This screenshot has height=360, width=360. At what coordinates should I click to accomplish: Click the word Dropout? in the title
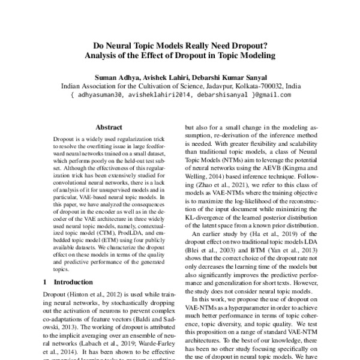click(x=241, y=45)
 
